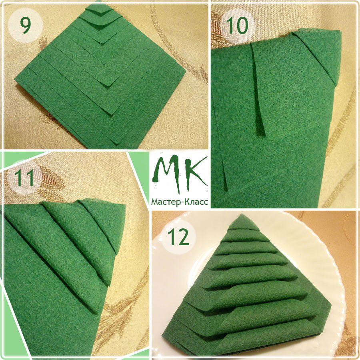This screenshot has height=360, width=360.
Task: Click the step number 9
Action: pyautogui.click(x=25, y=25)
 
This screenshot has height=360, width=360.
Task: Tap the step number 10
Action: pyautogui.click(x=237, y=25)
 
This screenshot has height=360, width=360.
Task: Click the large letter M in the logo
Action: pyautogui.click(x=167, y=172)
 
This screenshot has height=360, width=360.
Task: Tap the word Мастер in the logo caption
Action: pyautogui.click(x=165, y=202)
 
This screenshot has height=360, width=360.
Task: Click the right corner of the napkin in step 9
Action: pyautogui.click(x=186, y=70)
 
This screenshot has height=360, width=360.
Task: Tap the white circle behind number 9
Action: pyautogui.click(x=25, y=25)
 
